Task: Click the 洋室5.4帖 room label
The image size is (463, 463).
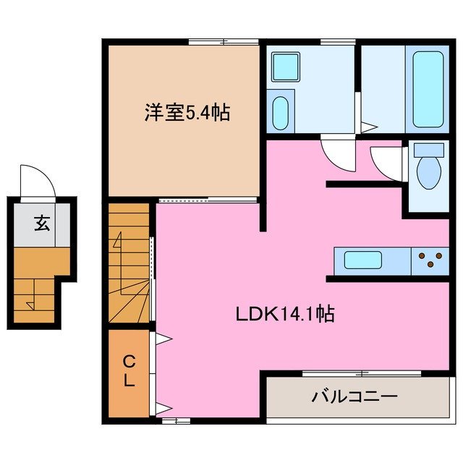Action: [187, 113]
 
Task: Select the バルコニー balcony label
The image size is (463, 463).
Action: [354, 396]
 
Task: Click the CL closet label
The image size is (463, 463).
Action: [128, 370]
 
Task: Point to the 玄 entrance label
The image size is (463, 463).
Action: [41, 224]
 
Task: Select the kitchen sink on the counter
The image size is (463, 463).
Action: [368, 260]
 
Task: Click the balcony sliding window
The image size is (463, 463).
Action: [362, 373]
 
